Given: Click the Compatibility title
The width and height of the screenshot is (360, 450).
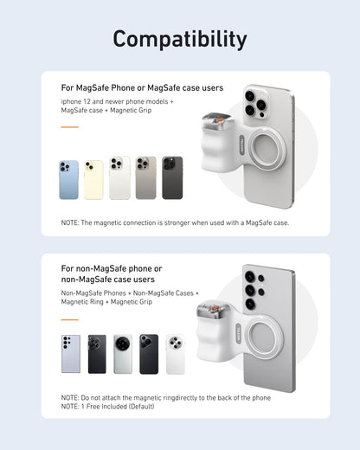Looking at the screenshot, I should click(x=180, y=39).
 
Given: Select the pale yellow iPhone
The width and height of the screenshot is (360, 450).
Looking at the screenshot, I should click(x=93, y=179).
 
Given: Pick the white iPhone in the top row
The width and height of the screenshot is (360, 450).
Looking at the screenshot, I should click(x=119, y=177).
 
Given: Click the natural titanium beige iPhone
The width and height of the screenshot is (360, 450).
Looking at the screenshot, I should click(x=145, y=177).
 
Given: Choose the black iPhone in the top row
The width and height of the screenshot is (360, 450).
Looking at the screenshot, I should click(x=172, y=177).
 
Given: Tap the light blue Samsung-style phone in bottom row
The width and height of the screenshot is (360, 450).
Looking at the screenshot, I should click(x=71, y=354).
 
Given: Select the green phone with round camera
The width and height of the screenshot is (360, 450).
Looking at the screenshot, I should click(x=123, y=354).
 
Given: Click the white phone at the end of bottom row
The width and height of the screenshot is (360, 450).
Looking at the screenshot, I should click(x=176, y=354).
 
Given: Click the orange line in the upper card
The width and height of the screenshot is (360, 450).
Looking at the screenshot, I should click(x=69, y=127).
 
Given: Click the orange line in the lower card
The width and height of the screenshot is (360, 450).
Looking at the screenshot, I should click(x=69, y=316).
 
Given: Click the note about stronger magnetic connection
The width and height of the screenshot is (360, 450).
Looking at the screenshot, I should click(x=175, y=222).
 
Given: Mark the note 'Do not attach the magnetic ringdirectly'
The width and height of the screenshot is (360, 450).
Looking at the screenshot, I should click(x=165, y=397).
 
